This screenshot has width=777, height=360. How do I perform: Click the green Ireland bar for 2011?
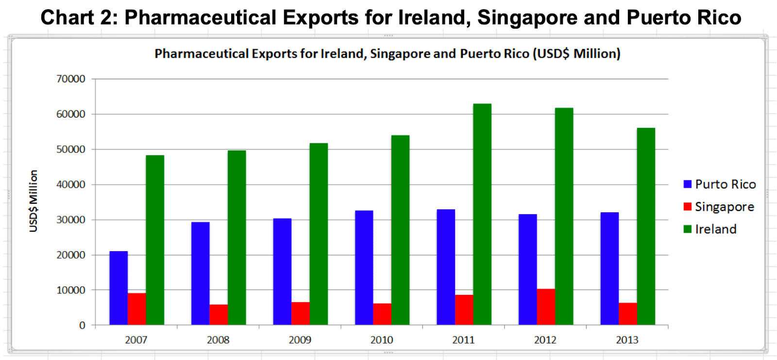tap(482, 214)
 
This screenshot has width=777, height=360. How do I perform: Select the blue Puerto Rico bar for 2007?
tap(118, 288)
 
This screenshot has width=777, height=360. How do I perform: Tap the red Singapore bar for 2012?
tap(546, 307)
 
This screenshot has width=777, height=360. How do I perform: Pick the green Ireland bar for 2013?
tap(646, 226)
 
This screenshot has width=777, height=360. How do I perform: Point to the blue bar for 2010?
tap(364, 268)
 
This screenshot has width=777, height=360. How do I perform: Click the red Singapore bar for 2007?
tap(137, 309)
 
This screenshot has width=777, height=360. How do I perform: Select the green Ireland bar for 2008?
tap(237, 238)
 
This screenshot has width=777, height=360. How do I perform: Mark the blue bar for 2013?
tap(609, 269)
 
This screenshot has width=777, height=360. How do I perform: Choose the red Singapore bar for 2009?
tap(301, 313)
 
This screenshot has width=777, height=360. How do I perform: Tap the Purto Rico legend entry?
tap(719, 185)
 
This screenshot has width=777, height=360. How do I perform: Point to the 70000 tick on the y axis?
tap(71, 79)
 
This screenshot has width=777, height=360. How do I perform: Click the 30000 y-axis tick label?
tap(71, 220)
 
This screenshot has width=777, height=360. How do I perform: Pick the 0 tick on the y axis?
tap(82, 326)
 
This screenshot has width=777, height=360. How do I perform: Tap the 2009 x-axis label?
tap(300, 340)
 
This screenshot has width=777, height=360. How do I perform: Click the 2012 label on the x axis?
tap(545, 340)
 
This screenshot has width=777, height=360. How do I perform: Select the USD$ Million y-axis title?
tap(34, 201)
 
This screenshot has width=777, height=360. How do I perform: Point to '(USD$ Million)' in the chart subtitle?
tap(576, 53)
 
